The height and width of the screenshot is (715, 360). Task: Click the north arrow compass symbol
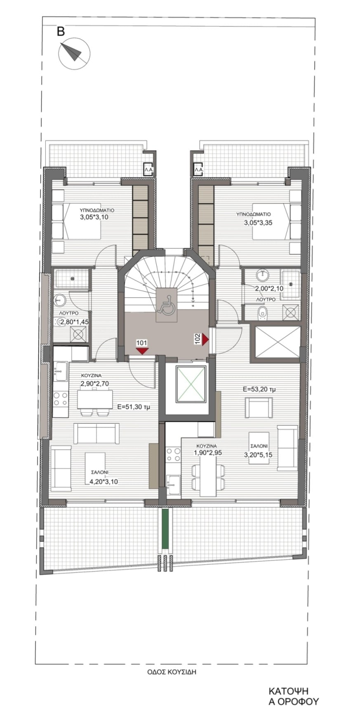(x=74, y=53)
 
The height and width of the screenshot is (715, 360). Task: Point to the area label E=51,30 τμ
(x=134, y=406)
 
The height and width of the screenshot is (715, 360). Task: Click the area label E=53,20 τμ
(x=259, y=389)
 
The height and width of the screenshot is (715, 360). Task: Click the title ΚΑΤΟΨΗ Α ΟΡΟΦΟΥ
(x=288, y=696)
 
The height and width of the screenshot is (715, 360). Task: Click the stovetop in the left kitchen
(x=61, y=399)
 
